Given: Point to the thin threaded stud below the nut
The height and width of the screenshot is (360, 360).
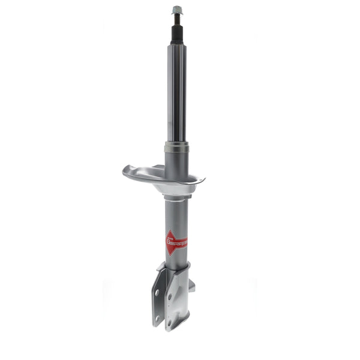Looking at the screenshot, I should (177, 18).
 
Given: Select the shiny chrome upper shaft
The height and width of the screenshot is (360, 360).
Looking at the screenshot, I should (176, 90).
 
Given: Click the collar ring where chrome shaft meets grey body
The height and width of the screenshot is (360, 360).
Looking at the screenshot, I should (176, 147).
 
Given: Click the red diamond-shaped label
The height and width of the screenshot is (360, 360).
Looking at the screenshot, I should (176, 242).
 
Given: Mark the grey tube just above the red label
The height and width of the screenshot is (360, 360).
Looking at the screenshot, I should (176, 219).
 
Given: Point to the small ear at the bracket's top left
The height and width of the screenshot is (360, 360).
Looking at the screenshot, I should (161, 266).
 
